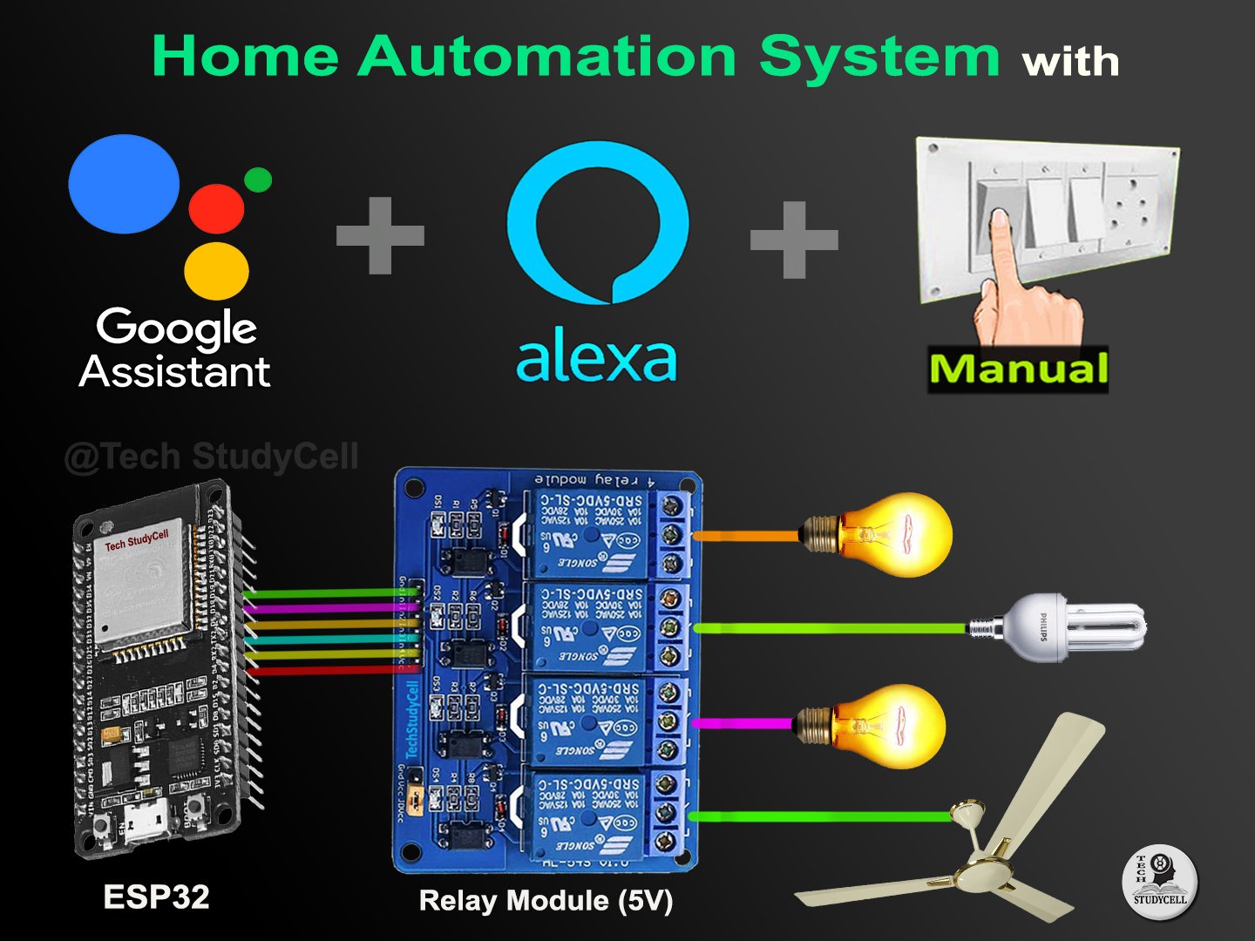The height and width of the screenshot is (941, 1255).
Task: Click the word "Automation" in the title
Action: (x=547, y=57)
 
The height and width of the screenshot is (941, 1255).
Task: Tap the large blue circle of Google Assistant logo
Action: (x=124, y=184)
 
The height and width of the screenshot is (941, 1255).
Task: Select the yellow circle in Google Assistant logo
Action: (x=216, y=271)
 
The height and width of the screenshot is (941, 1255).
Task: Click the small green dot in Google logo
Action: (x=258, y=179)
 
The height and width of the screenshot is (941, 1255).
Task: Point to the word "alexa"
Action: (x=596, y=359)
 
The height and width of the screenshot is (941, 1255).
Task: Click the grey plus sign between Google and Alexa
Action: (x=380, y=235)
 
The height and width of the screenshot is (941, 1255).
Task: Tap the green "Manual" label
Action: (x=1018, y=369)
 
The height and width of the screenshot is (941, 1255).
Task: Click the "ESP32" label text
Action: (x=156, y=897)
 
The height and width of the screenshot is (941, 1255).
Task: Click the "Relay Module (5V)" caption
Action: (x=546, y=900)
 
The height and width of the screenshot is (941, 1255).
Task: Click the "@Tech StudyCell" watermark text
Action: (x=211, y=457)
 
